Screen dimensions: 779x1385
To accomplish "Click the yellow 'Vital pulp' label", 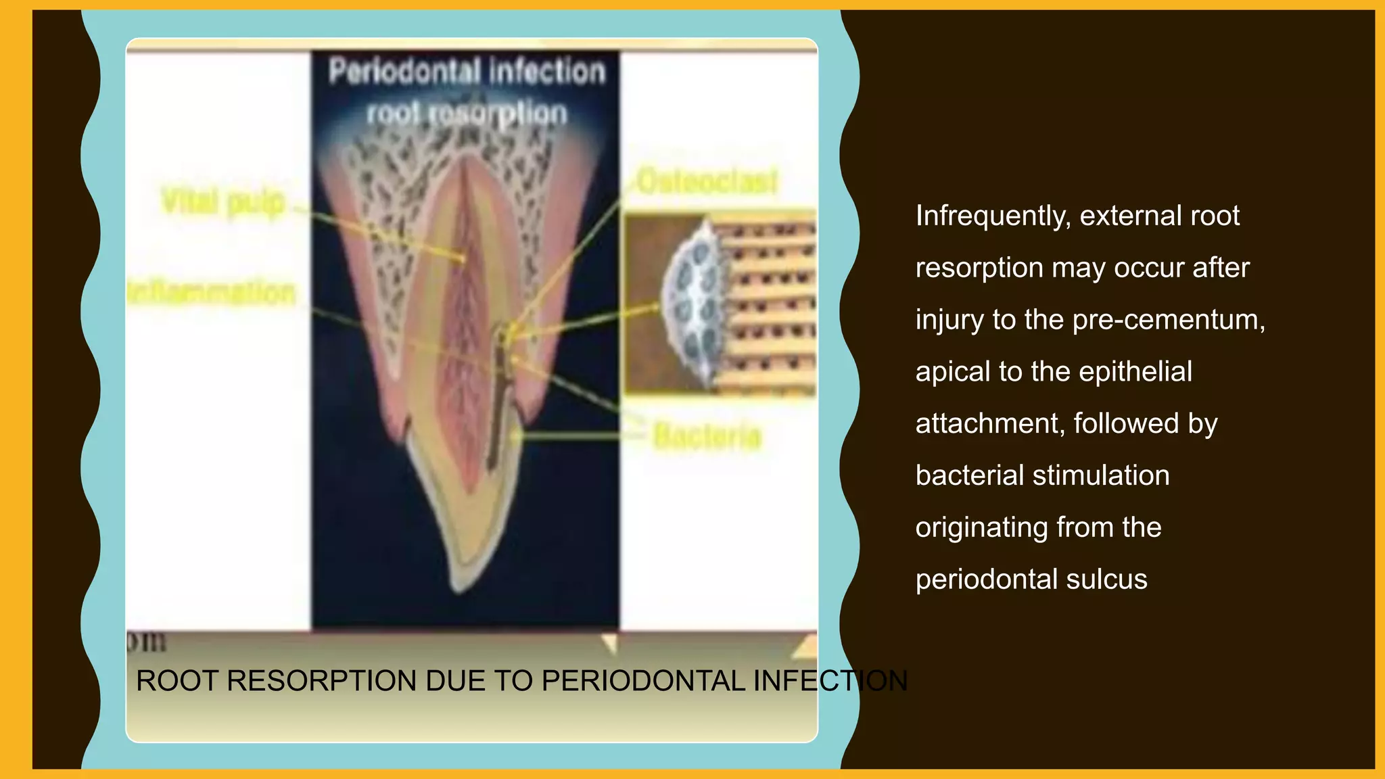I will click(223, 202).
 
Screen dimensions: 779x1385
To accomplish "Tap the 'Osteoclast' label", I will click(707, 181).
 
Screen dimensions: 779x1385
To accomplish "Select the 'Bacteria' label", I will click(707, 436).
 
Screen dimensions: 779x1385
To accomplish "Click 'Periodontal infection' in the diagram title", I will click(467, 72).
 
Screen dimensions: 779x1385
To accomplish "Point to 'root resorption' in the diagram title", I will click(467, 114).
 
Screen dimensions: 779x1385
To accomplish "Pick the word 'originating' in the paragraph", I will click(981, 527).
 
